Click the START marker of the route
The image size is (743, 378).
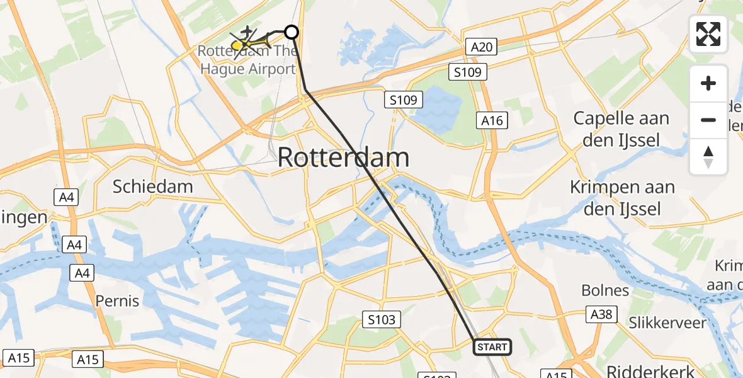(x=492, y=346)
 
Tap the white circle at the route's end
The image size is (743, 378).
(x=292, y=32)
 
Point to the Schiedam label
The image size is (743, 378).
(x=152, y=186)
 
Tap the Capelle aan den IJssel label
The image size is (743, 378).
(x=621, y=129)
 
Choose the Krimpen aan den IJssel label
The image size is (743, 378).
(x=622, y=198)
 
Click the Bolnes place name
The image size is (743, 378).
(x=605, y=290)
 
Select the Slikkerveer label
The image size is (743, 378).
(x=667, y=323)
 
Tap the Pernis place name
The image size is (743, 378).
(x=117, y=301)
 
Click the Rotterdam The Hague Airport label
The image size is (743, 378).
(x=247, y=60)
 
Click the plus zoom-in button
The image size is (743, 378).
(x=708, y=84)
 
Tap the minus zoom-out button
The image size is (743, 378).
(x=708, y=120)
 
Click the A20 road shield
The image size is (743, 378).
(x=482, y=47)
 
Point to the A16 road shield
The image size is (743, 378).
(x=492, y=120)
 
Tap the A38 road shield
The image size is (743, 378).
(x=602, y=314)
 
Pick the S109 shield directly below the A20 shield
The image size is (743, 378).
(x=468, y=72)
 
